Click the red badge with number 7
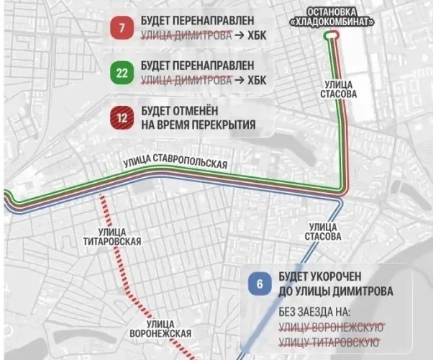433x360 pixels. point(122,30)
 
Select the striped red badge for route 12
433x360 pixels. point(122,118)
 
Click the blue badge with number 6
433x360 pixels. point(260,284)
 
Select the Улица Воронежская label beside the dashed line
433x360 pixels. point(160,328)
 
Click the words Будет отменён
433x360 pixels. point(181,112)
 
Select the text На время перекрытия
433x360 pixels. point(199,125)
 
